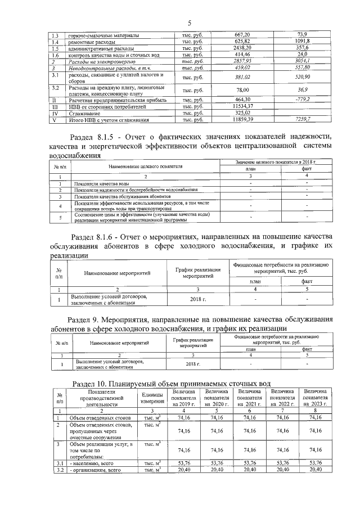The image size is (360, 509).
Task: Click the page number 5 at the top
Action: tap(190, 22)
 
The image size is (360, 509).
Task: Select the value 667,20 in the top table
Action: tap(242, 34)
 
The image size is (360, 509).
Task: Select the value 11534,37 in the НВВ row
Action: tap(242, 106)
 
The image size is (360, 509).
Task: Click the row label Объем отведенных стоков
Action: tap(97, 418)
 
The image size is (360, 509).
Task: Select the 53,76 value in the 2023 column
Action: tap(315, 463)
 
